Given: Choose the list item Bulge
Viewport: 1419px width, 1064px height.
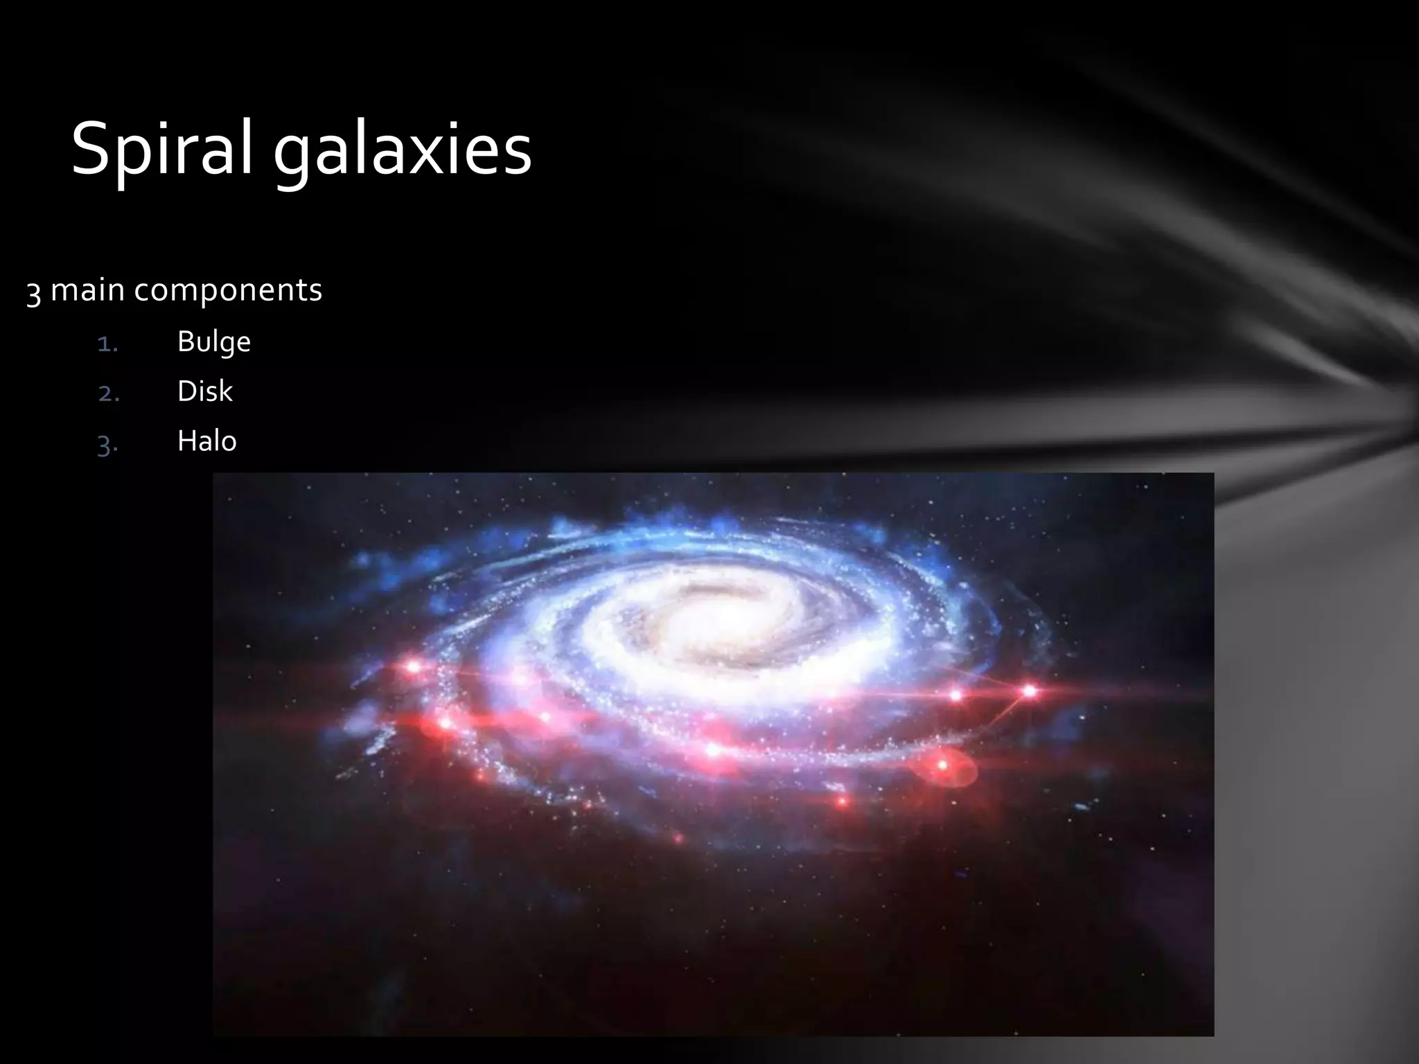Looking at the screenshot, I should coord(213,342).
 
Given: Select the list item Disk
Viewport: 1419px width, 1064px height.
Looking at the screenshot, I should coord(204,391).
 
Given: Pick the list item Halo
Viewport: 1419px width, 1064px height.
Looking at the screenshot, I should coord(206,441).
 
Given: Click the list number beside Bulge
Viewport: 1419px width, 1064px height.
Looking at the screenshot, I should coord(107,344).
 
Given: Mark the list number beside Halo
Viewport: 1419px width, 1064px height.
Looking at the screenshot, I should coord(108,444).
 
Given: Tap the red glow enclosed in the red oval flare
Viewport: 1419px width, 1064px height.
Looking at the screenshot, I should coord(942,765).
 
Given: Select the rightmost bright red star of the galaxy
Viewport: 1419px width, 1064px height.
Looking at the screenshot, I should coord(1030,691).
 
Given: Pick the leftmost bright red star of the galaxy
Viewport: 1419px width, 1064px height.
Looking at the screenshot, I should coord(413,667).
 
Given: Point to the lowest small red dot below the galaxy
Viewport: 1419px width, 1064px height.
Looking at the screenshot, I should coord(678,839).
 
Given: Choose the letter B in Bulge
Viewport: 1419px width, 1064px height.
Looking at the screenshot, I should coord(185,342).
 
